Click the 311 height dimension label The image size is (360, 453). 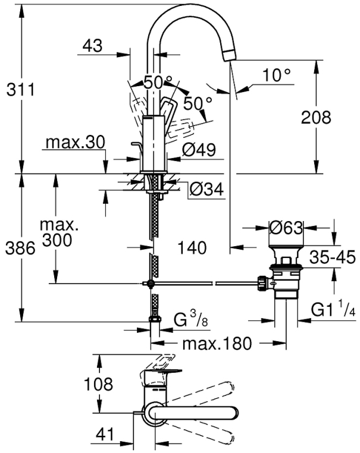point(20,90)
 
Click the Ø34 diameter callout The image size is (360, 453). point(206,190)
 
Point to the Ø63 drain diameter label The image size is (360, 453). point(286,228)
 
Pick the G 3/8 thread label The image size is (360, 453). point(192,321)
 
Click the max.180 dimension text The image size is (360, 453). point(217,344)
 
